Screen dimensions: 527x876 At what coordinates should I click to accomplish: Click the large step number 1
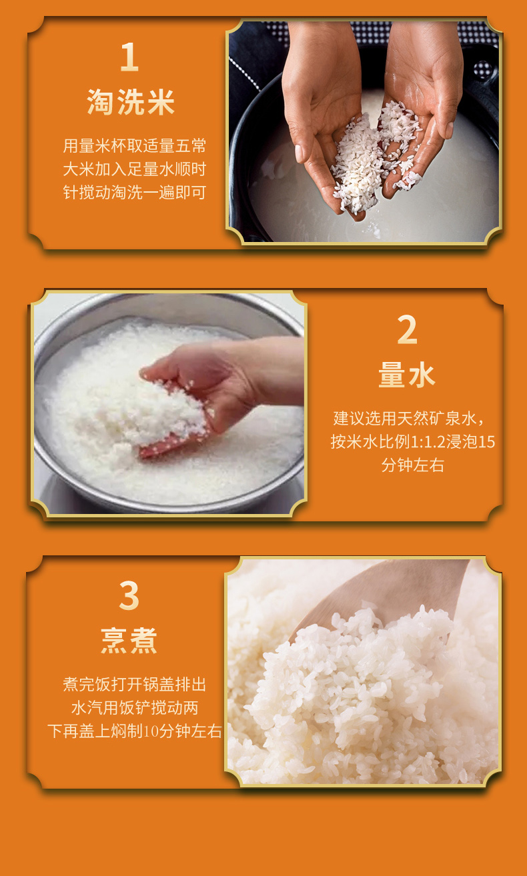coord(130,57)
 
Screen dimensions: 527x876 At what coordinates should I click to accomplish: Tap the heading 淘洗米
coord(131,102)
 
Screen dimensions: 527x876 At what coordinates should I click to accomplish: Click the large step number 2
coord(408,329)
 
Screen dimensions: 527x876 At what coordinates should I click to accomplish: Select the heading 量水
coord(407,375)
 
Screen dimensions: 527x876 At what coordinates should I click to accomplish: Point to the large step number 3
coord(129,595)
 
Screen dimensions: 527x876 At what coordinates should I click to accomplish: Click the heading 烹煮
coord(129,641)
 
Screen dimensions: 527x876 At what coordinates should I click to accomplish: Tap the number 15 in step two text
coord(487,442)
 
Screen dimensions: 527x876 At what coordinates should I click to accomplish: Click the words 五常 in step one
coord(191,146)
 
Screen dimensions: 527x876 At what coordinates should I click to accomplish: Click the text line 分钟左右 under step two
coord(413,465)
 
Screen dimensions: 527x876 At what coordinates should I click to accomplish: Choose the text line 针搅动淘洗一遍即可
coord(135,193)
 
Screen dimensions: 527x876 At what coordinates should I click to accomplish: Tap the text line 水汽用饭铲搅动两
coord(135,708)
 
